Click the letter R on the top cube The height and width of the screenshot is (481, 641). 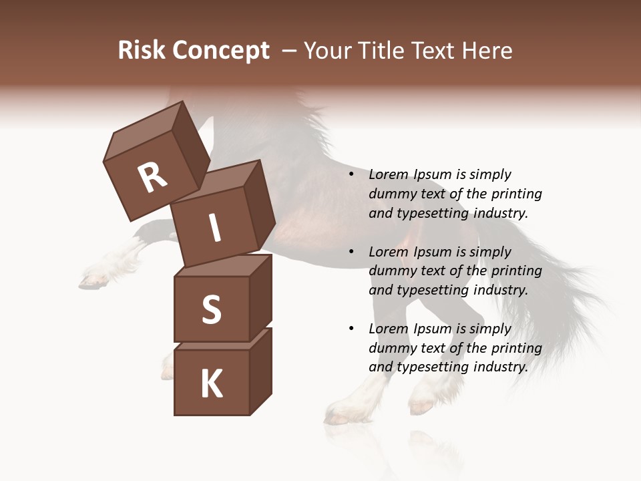tap(153, 178)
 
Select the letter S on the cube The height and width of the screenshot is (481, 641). tap(211, 309)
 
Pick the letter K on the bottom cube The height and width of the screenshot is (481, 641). tap(211, 383)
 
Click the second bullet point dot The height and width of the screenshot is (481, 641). tap(351, 252)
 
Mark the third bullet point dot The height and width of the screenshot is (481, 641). tap(351, 329)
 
